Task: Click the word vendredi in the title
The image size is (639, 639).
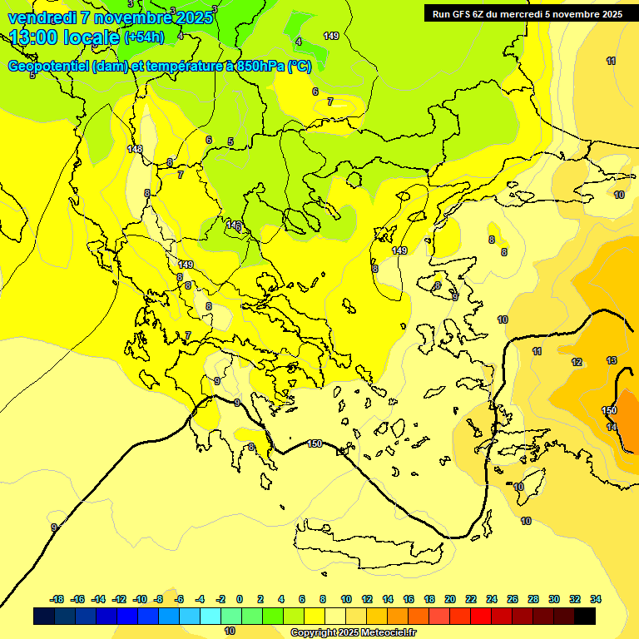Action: (42, 17)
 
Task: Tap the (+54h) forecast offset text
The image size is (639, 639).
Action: (144, 37)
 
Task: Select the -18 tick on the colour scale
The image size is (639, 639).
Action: (57, 599)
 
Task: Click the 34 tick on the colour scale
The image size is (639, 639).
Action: (596, 599)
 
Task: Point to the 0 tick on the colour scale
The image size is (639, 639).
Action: (240, 599)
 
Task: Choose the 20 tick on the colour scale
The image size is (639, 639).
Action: (450, 599)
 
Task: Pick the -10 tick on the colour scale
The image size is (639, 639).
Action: (140, 599)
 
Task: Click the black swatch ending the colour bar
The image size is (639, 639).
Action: (585, 616)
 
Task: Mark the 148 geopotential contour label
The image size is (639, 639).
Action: (135, 149)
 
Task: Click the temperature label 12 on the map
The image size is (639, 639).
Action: (577, 362)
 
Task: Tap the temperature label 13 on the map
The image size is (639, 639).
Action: (612, 360)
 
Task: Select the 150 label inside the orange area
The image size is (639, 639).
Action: (609, 410)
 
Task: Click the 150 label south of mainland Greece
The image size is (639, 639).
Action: (315, 443)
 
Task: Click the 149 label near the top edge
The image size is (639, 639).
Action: (331, 36)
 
